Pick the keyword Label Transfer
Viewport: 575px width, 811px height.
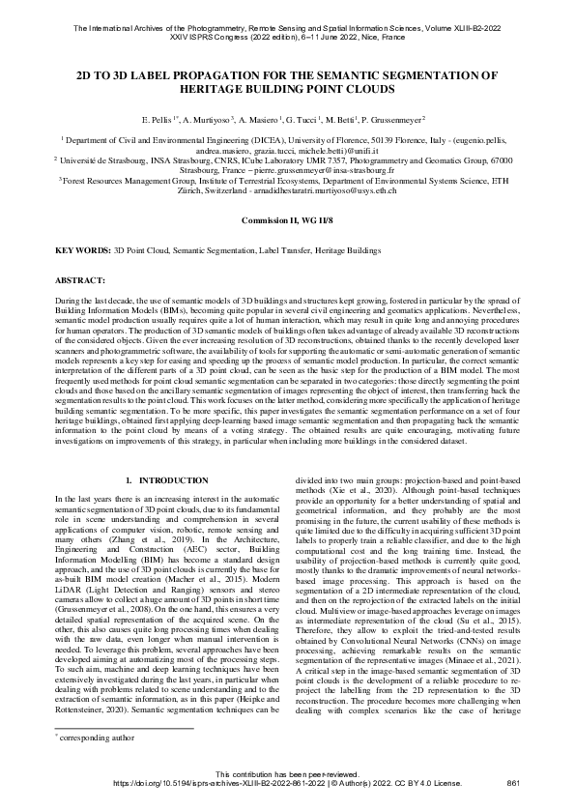tap(295, 249)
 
